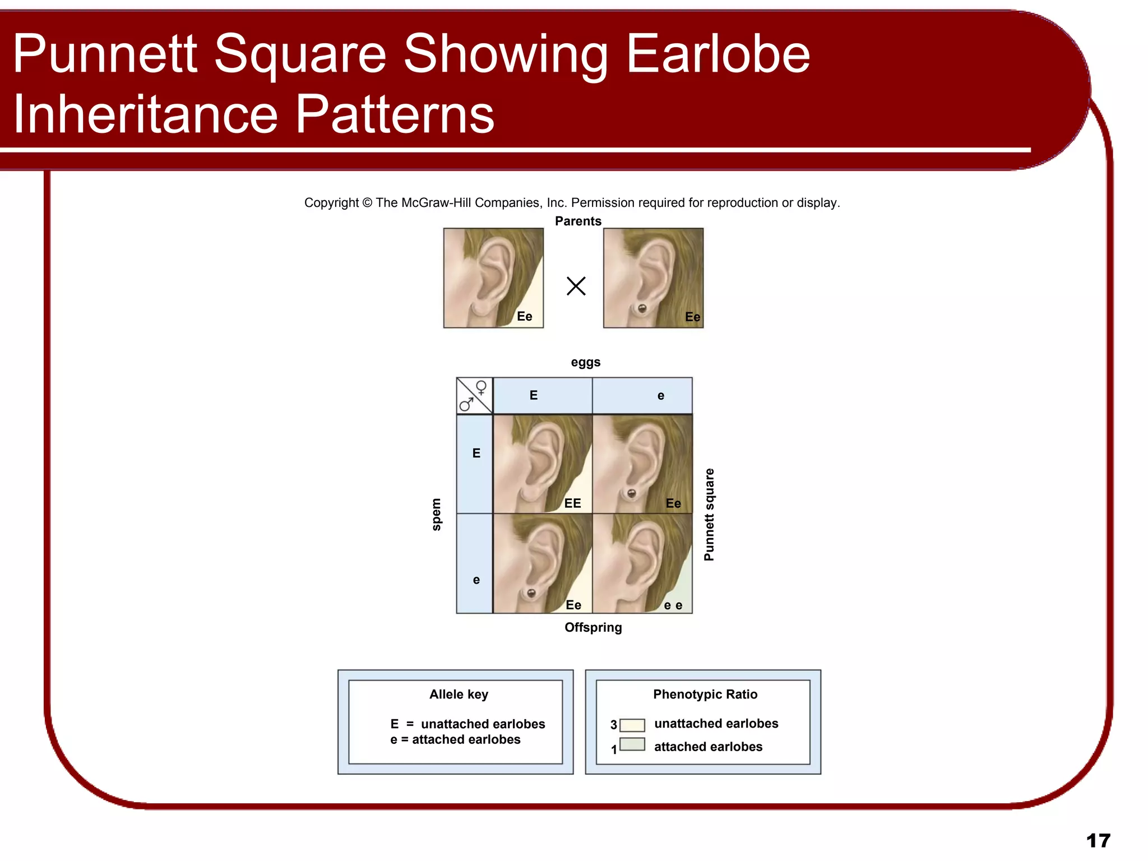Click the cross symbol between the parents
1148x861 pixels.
click(576, 286)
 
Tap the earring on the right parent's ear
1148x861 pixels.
click(642, 308)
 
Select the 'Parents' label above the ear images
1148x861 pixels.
click(578, 221)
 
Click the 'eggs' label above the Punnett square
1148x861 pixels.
click(585, 362)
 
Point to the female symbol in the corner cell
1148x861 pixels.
click(481, 387)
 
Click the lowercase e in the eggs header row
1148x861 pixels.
click(661, 396)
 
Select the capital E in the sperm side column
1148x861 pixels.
click(476, 453)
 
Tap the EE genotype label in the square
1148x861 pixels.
click(572, 503)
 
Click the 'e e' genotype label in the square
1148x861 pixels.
click(673, 605)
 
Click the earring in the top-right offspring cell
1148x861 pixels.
click(631, 493)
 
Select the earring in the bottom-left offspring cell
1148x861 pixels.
click(531, 592)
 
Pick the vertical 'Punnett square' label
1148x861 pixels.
click(709, 514)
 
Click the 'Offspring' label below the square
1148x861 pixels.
click(593, 627)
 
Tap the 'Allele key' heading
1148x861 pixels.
click(459, 694)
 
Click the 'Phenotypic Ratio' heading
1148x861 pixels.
click(705, 694)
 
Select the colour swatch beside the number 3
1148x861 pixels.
click(632, 725)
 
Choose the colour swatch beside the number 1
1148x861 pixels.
click(632, 744)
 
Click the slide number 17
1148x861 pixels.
click(1098, 840)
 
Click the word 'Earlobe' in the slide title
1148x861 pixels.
click(717, 54)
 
